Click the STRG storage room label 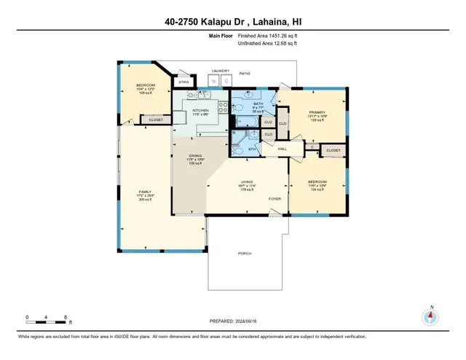coord(184,82)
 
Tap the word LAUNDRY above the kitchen coord(221,71)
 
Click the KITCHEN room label coord(201,111)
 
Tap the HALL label coord(283,149)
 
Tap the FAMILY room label coord(146,192)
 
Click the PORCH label coord(244,253)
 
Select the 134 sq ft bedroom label coord(316,181)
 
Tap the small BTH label coord(252,149)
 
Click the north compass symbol coord(430,316)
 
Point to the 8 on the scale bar coord(66,317)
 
